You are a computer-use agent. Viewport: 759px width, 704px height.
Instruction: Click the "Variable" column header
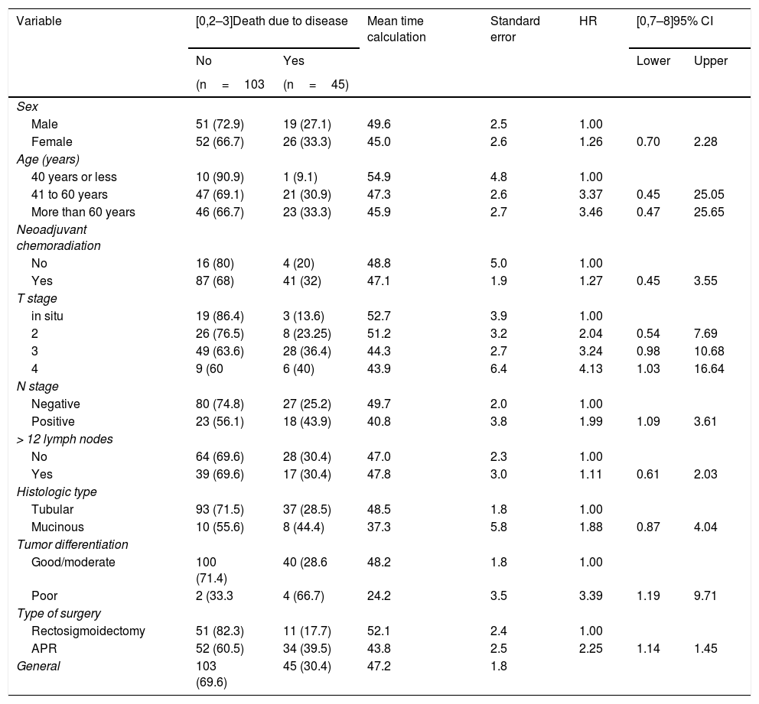[40, 21]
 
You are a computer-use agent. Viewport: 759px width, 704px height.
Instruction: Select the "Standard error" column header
[515, 28]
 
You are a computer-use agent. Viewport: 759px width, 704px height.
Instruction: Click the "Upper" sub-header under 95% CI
[711, 60]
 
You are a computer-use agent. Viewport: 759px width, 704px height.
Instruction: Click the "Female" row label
[52, 141]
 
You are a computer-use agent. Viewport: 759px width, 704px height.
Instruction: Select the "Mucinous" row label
[57, 527]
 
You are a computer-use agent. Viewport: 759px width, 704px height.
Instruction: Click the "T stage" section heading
[37, 299]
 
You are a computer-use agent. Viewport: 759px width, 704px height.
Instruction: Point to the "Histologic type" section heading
[57, 492]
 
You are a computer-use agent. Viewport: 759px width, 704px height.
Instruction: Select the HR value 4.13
[591, 368]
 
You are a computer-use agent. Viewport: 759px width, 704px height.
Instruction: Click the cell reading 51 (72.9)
[220, 124]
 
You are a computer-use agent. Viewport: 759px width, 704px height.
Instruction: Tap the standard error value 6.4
[500, 368]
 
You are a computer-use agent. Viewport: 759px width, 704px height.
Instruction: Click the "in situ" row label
[48, 316]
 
